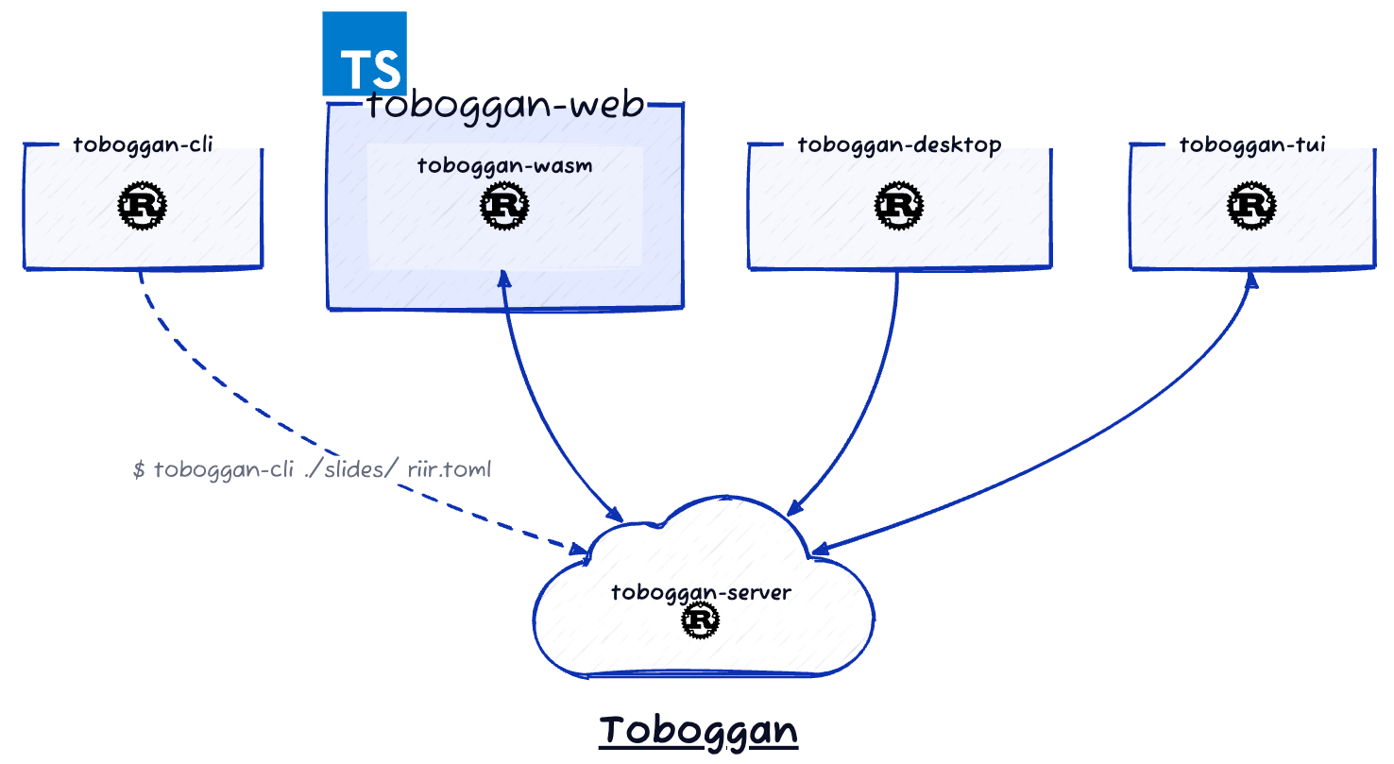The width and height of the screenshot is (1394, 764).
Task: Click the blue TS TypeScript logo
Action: (365, 54)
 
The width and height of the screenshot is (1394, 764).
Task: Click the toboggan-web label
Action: (505, 104)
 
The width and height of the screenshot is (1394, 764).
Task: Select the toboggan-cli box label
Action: (143, 144)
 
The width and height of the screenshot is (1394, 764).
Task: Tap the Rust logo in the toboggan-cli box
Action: (143, 206)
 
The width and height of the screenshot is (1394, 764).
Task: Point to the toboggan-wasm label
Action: (505, 165)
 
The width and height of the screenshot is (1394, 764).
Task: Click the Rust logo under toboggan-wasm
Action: (504, 206)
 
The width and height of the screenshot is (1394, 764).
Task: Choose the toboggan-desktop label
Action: (899, 144)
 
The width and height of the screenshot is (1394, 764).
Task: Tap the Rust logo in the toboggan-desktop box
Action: (899, 206)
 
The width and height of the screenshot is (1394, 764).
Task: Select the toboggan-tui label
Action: (1252, 144)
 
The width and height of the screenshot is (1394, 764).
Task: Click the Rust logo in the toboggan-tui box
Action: (1252, 206)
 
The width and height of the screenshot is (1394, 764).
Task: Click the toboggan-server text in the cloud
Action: (701, 593)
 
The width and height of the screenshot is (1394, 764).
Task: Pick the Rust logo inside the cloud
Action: (701, 620)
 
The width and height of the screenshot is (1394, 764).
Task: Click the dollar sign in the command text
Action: (139, 469)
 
